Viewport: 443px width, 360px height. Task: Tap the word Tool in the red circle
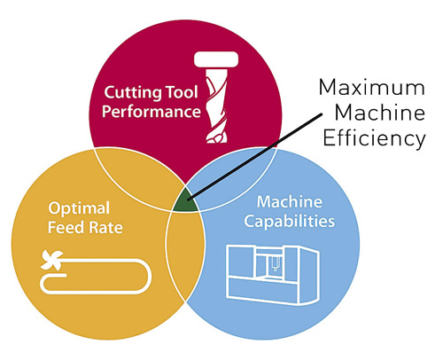pos(182,92)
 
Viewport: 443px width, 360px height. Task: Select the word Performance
pos(152,112)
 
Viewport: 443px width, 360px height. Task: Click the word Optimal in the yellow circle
pos(79,208)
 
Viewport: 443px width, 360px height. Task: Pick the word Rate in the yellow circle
pos(105,228)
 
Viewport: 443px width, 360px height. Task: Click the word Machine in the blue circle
pos(290,202)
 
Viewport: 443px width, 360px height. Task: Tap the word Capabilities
pos(290,222)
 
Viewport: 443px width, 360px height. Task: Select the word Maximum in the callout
pos(372,88)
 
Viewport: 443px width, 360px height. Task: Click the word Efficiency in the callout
pos(374,138)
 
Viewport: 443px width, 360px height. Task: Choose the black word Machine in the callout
pos(380,113)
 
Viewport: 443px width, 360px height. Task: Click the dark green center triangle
pos(186,201)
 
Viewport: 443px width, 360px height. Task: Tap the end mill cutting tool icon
pos(216,98)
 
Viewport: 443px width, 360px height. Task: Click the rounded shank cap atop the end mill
pos(216,59)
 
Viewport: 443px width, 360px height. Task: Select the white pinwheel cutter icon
pos(52,260)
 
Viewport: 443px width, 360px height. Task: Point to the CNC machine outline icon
pos(272,274)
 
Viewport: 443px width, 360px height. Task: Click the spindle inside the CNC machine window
pos(275,263)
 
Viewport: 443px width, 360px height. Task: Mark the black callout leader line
pos(254,157)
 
